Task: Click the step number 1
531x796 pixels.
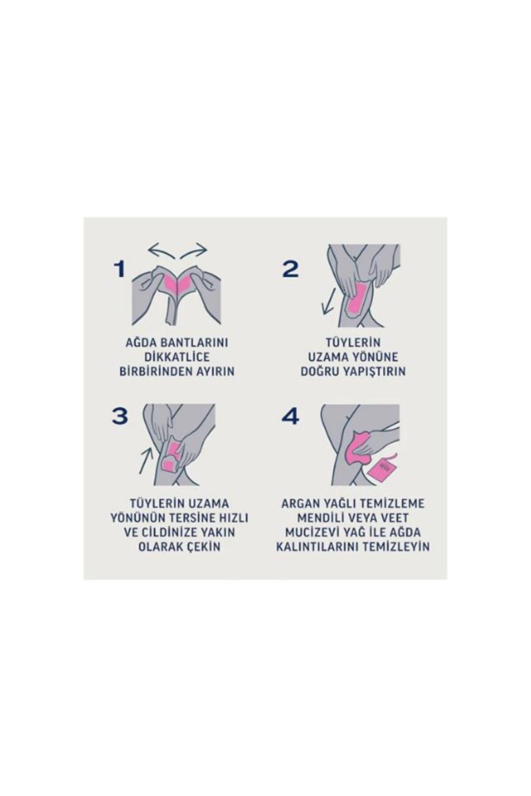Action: pos(119,269)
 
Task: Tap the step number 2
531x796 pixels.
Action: pos(290,269)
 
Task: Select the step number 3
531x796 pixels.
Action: pos(119,416)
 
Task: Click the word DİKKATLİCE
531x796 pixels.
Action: pos(177,357)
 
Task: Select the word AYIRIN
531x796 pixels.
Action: pos(215,371)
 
